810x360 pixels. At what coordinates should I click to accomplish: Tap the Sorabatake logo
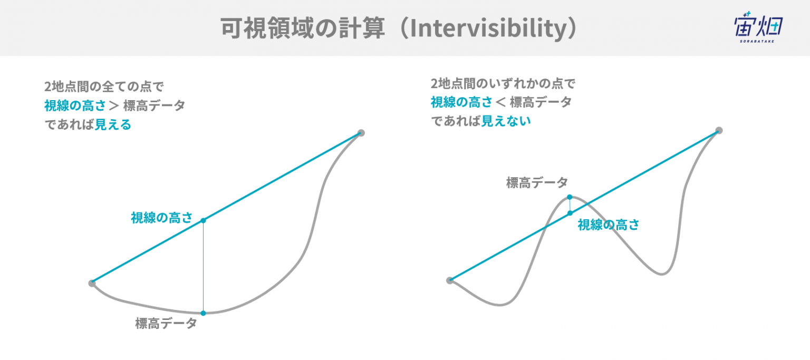(758, 27)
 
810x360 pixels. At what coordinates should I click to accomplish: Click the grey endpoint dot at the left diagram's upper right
(361, 133)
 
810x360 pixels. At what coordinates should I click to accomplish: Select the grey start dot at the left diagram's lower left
(92, 283)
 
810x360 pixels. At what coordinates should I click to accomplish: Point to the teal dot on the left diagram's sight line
(203, 220)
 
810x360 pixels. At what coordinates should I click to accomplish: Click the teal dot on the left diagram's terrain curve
(203, 313)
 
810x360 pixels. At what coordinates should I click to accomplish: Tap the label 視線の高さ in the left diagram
(162, 218)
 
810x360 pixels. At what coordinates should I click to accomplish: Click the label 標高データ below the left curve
(166, 323)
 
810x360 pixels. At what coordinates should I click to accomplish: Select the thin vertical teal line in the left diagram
(203, 267)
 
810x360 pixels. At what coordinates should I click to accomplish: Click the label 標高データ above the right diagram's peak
(537, 182)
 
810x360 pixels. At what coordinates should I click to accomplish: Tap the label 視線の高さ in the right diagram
(608, 225)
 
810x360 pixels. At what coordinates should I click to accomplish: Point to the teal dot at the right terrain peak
(570, 197)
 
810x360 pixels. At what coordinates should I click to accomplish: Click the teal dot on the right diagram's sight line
(570, 213)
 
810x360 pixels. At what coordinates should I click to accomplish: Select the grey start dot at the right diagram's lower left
(450, 280)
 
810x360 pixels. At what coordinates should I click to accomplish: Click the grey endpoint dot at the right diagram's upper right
(719, 130)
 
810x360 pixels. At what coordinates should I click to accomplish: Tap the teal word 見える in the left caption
(113, 125)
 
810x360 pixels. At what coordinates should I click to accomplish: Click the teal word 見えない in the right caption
(506, 121)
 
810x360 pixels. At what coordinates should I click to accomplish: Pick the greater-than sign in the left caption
(114, 105)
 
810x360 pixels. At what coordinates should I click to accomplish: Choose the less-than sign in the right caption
(500, 102)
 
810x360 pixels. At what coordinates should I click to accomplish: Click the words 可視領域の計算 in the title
(303, 28)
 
